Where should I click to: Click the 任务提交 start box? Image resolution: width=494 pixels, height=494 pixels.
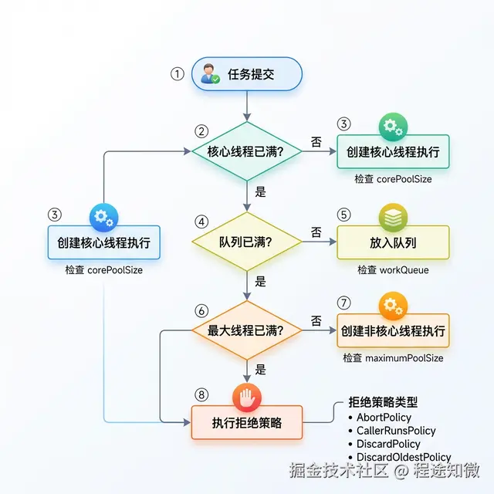(246, 75)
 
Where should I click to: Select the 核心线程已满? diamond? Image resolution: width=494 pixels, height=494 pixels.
(246, 151)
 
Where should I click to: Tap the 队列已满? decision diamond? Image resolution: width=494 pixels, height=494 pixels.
(246, 242)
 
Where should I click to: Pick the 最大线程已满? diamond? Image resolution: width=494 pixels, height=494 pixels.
(246, 330)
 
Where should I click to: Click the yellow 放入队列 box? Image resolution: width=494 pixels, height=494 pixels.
(393, 242)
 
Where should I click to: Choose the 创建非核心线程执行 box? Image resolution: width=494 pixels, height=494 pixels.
(393, 331)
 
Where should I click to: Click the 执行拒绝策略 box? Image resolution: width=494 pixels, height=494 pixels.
(247, 422)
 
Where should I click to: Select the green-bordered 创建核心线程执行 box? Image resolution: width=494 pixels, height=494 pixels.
(393, 152)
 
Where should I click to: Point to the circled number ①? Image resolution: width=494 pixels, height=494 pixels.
(178, 75)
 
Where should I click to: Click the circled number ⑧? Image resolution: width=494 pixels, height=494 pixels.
(202, 394)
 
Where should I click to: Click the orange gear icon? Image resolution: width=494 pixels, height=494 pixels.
(393, 306)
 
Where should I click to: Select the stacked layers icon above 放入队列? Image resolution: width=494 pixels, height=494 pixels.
(393, 217)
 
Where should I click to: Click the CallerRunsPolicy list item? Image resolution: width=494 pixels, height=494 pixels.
(396, 431)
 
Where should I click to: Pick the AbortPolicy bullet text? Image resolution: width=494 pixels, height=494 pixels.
(384, 418)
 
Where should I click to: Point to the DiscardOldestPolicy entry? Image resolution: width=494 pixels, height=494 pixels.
(404, 457)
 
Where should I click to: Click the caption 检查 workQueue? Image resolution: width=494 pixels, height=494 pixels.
(393, 270)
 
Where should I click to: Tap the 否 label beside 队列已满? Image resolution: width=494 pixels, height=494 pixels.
(316, 232)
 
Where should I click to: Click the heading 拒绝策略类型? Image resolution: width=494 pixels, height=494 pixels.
(383, 402)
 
